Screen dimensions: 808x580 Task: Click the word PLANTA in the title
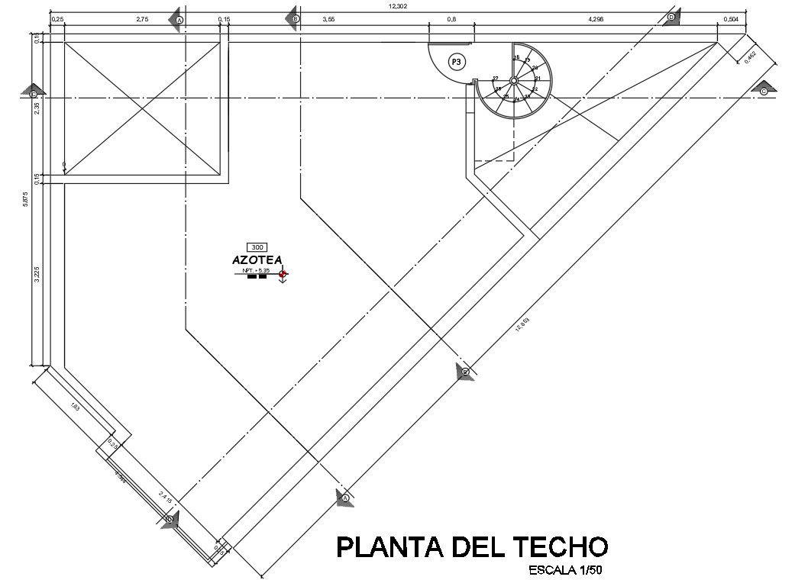tap(380, 547)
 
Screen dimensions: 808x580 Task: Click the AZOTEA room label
tap(257, 260)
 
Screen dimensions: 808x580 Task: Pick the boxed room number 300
tap(257, 247)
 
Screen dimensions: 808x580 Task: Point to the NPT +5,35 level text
tap(256, 270)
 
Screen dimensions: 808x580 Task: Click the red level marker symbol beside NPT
tap(283, 273)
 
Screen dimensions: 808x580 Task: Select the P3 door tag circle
tap(456, 62)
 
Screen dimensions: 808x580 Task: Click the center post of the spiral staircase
tap(514, 80)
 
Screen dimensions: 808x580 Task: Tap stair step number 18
tap(516, 58)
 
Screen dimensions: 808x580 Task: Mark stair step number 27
tap(496, 79)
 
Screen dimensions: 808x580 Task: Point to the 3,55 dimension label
tap(328, 19)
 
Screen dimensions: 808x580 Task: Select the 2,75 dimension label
tap(142, 19)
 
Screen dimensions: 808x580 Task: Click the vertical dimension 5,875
tap(26, 200)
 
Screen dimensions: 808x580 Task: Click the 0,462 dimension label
tap(751, 57)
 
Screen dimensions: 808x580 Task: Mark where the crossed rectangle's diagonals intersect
tap(142, 108)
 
